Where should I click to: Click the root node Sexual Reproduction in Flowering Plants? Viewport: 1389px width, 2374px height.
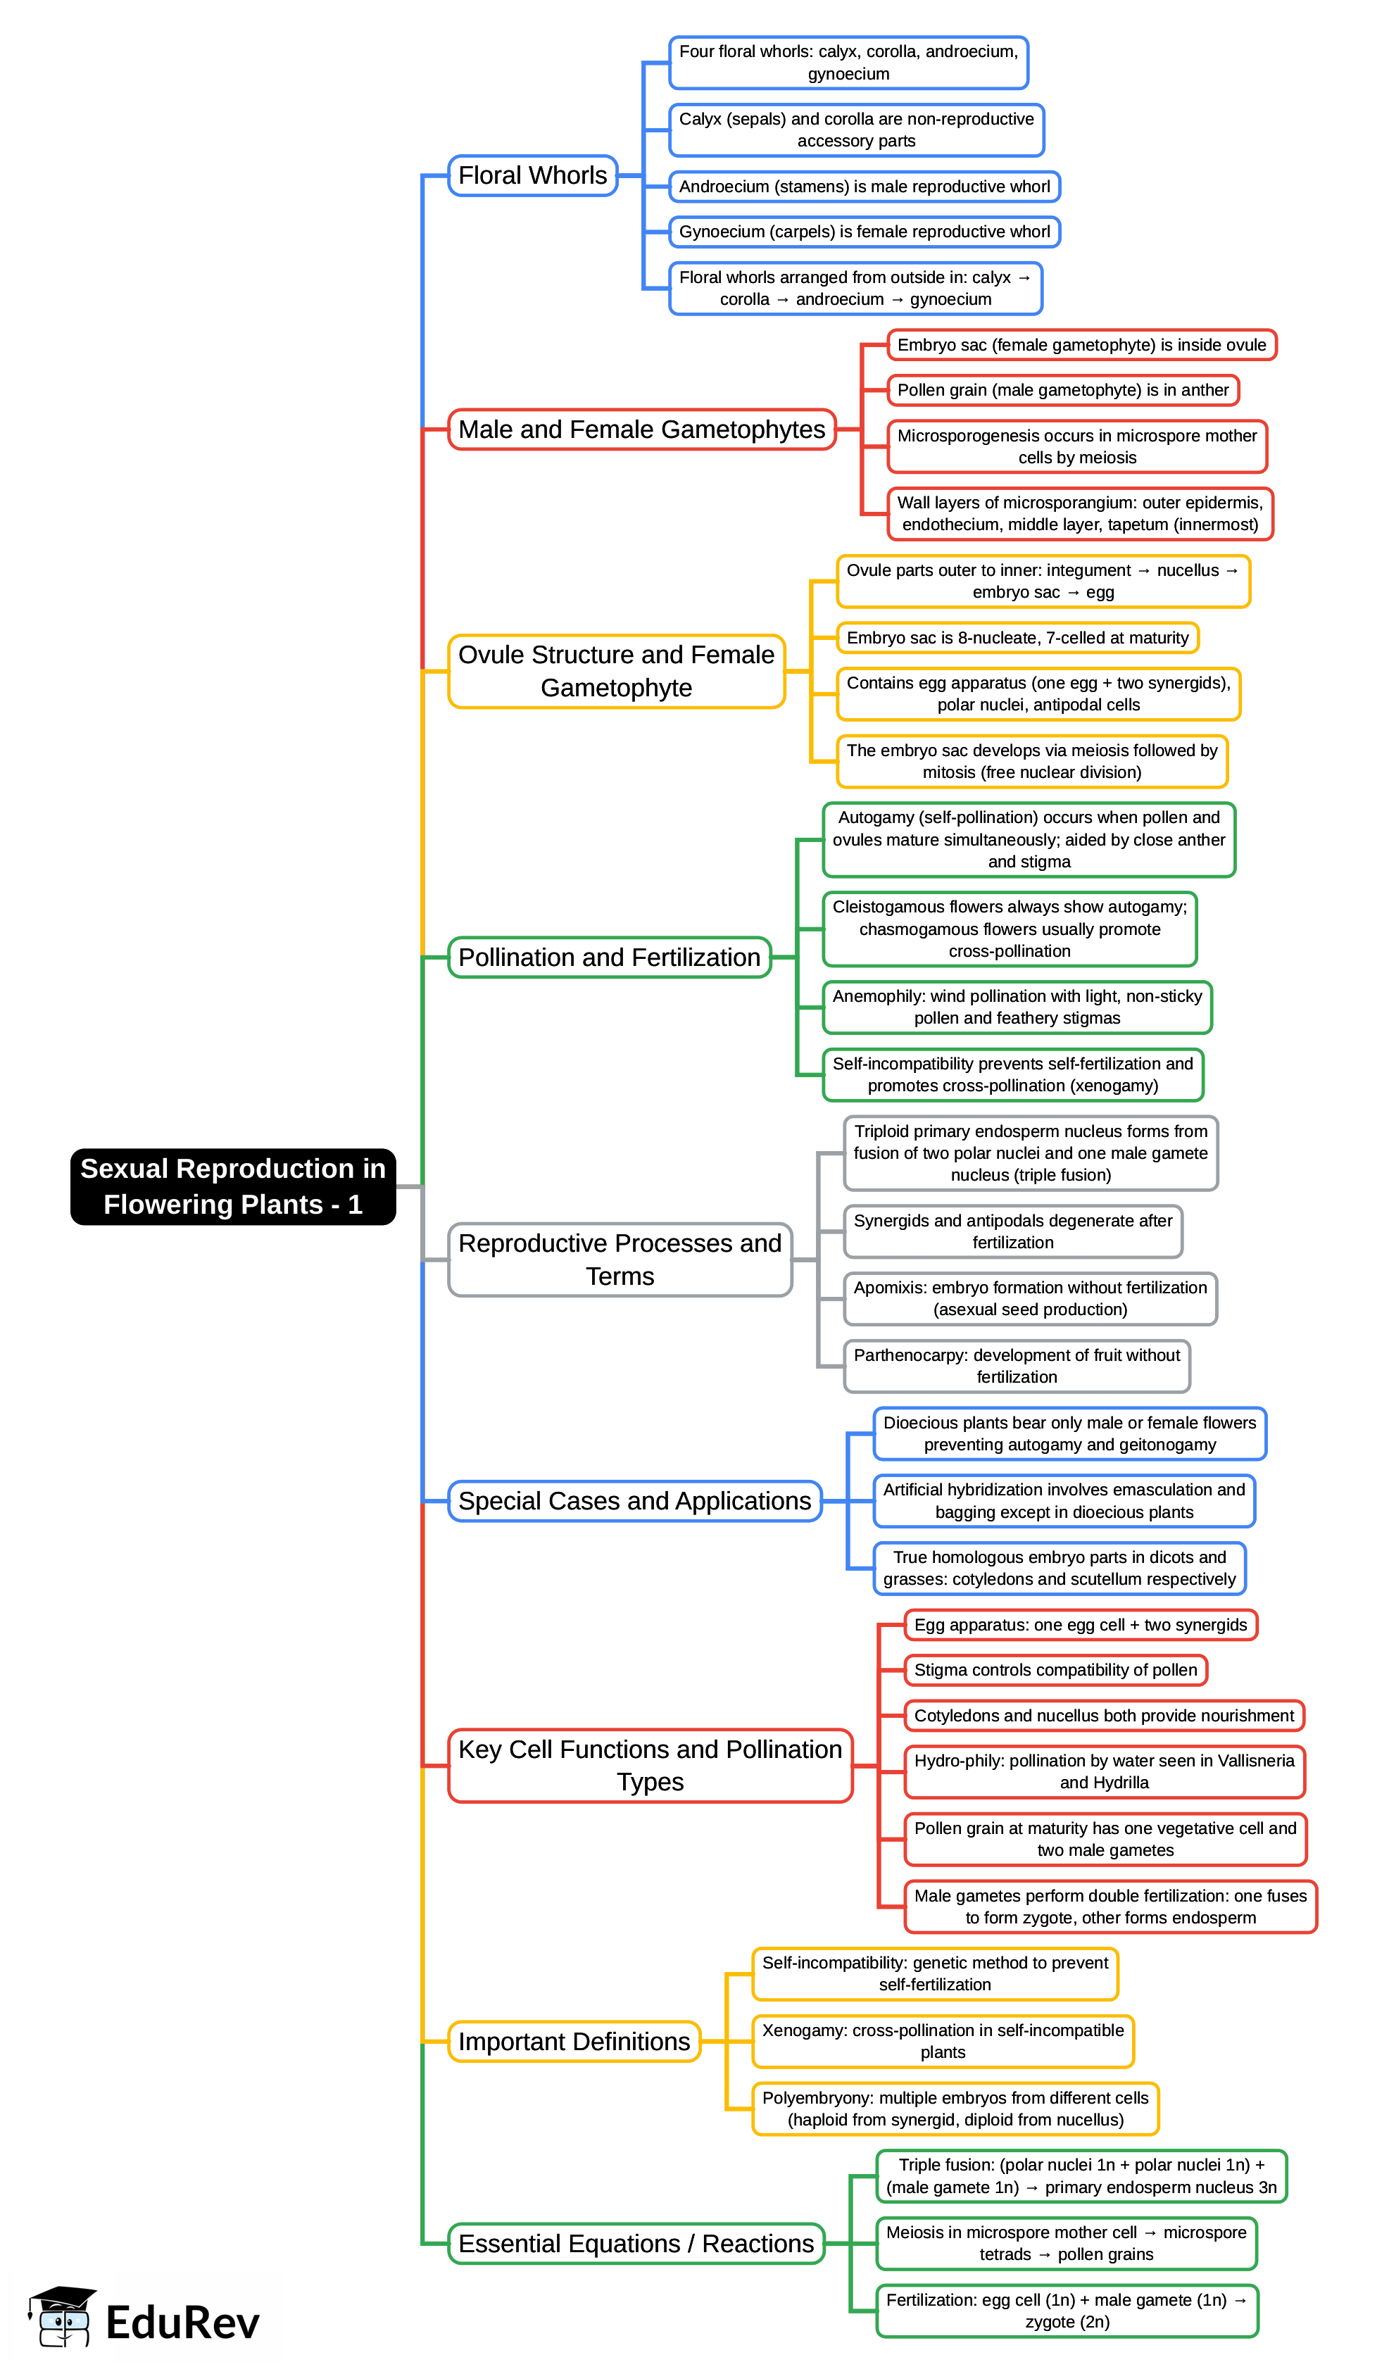tap(233, 1186)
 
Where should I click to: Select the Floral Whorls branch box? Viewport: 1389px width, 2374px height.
tap(532, 176)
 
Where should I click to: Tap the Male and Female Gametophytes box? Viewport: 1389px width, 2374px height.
tap(642, 429)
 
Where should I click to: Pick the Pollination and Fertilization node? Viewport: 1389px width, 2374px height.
tap(609, 957)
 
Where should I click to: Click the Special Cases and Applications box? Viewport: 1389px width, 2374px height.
tap(634, 1501)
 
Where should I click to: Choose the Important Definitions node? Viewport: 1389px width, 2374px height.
tap(574, 2042)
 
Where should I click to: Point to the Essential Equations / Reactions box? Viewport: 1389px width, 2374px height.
tap(636, 2243)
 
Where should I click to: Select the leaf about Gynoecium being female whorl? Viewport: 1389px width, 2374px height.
tap(864, 232)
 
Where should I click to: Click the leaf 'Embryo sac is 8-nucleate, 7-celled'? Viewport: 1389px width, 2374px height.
tap(1018, 638)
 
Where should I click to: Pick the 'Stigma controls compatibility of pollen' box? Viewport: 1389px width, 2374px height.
tap(1055, 1670)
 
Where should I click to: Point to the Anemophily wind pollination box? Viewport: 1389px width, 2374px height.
tap(1017, 1007)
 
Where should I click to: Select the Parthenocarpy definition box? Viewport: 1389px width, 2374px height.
tap(1017, 1366)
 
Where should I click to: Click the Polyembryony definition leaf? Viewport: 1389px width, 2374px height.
tap(955, 2109)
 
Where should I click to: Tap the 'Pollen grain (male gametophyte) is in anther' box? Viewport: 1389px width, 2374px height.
tap(1063, 390)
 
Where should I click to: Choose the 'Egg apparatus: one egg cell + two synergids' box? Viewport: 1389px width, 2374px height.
tap(1081, 1625)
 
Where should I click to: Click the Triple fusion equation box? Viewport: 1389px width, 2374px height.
tap(1081, 2176)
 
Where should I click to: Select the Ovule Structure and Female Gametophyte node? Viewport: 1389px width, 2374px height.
tap(616, 671)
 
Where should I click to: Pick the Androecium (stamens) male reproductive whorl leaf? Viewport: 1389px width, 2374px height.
tap(864, 187)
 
